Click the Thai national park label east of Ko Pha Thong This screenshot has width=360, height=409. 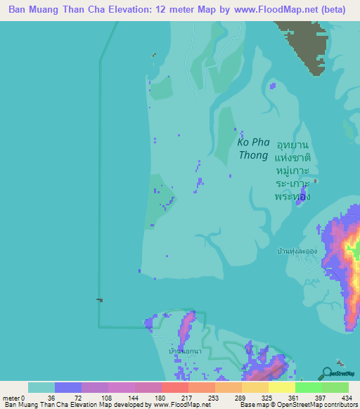pyautogui.click(x=293, y=171)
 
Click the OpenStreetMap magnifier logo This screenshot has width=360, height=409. pyautogui.click(x=327, y=374)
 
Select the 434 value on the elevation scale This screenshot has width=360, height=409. pyautogui.click(x=345, y=397)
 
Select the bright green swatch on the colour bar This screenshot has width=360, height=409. pyautogui.click(x=309, y=387)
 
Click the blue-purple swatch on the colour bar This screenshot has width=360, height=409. pyautogui.click(x=68, y=387)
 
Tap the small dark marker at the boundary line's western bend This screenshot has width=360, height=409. pyautogui.click(x=99, y=300)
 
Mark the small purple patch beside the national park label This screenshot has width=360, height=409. pyautogui.click(x=303, y=193)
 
